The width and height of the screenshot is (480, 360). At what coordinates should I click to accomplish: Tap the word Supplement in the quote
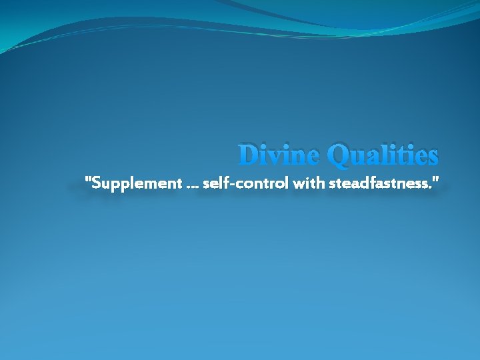[x=135, y=182]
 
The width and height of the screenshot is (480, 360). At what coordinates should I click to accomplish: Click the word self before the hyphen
[x=213, y=182]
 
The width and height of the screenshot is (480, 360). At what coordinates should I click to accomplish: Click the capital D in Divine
[x=249, y=155]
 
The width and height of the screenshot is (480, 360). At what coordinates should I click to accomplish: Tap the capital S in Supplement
[x=95, y=182]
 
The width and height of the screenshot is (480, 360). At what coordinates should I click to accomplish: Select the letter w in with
[x=297, y=183]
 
